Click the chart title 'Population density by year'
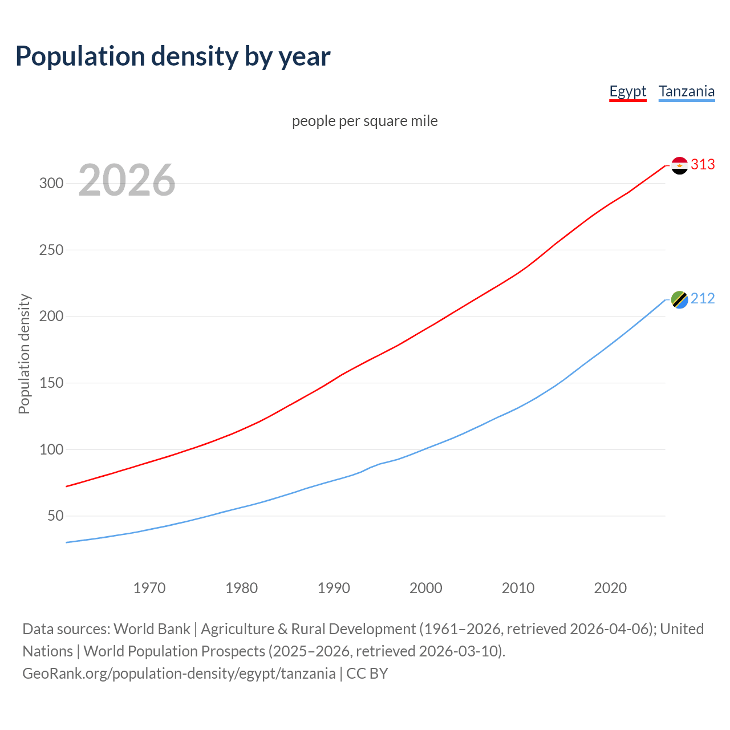(173, 56)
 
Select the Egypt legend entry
(627, 91)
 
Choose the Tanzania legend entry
(686, 91)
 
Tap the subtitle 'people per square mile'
(364, 121)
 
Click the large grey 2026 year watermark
(127, 180)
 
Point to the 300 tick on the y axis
(51, 183)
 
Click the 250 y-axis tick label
(51, 250)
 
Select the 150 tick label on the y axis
(51, 383)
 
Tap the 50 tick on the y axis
(55, 516)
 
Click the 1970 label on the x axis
(149, 588)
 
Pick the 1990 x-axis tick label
(334, 588)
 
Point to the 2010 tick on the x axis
(518, 588)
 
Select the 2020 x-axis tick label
(610, 588)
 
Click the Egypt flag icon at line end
(679, 165)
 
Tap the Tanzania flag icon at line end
(679, 299)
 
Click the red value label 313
(703, 165)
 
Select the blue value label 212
(703, 299)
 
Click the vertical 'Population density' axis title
(24, 354)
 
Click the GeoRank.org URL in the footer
(179, 674)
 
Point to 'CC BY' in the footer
(367, 674)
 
